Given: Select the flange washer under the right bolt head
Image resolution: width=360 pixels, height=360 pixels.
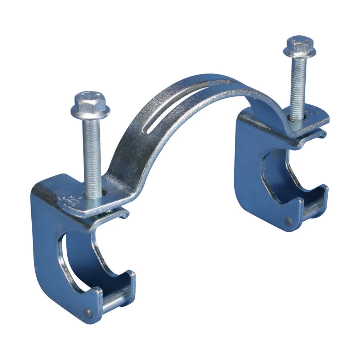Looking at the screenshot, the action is [x=300, y=52].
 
